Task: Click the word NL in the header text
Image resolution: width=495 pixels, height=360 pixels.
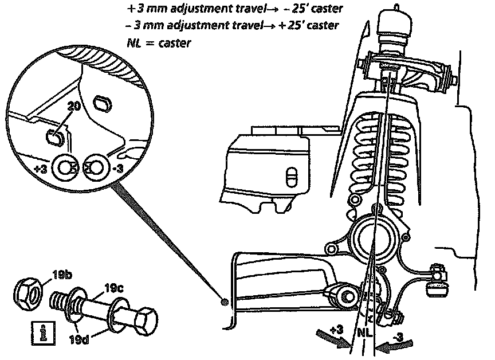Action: click(137, 42)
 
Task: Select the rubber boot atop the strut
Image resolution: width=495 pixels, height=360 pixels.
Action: click(395, 29)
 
